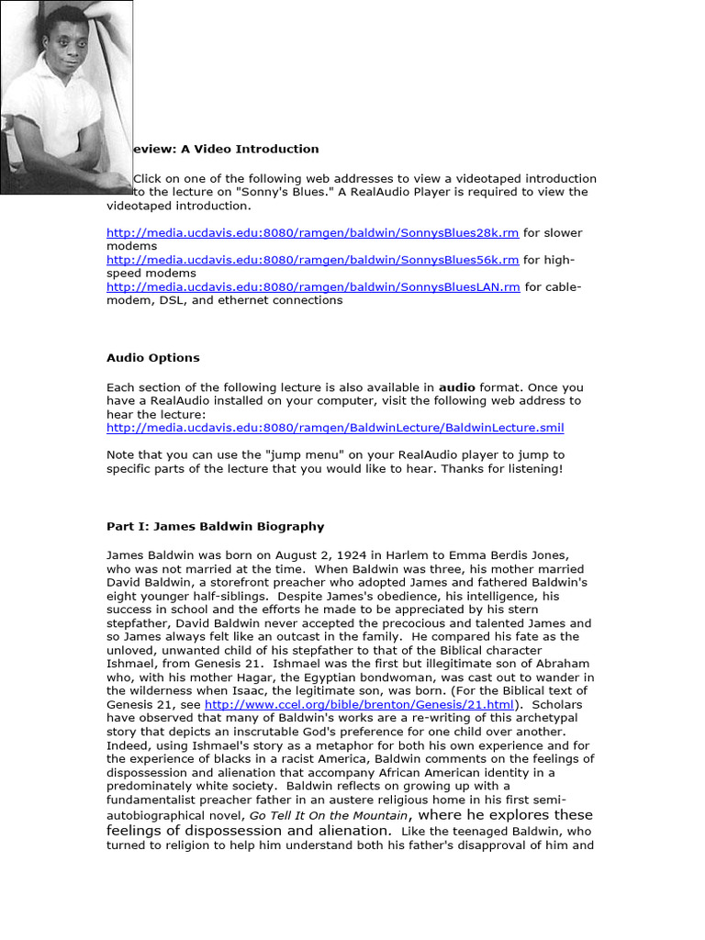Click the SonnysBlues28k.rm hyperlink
coord(312,233)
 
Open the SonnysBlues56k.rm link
coord(312,260)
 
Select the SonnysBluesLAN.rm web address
coord(313,286)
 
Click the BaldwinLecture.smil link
coord(335,428)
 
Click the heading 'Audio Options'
coord(152,358)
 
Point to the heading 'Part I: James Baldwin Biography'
coord(215,527)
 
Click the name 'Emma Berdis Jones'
coord(514,555)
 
